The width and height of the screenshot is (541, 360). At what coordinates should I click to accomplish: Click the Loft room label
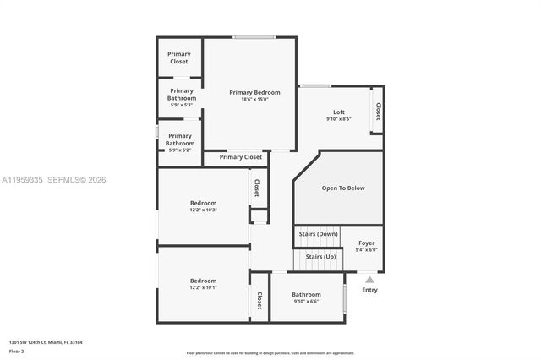[x=338, y=112]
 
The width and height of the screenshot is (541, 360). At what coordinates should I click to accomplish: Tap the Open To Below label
[x=343, y=188]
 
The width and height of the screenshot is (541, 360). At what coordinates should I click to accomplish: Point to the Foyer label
[x=366, y=243]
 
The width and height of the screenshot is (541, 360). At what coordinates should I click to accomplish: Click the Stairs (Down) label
[x=319, y=233]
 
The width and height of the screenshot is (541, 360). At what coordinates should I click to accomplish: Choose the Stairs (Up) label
[x=320, y=256]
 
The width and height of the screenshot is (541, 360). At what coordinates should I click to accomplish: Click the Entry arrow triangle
[x=369, y=279]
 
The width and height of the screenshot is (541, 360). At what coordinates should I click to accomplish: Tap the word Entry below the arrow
[x=370, y=291]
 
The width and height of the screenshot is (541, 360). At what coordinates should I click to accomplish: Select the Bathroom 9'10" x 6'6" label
[x=307, y=297]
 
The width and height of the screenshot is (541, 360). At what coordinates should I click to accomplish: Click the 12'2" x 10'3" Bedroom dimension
[x=203, y=210]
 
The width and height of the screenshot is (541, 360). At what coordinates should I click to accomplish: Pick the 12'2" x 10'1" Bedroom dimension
[x=203, y=287]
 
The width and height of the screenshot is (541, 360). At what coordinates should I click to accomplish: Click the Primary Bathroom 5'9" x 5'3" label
[x=182, y=94]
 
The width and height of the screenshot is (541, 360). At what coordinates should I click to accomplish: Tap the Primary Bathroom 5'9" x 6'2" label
[x=179, y=139]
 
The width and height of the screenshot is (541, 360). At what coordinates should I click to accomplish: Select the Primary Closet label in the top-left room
[x=179, y=57]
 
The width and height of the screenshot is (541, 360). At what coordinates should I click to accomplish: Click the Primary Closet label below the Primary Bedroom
[x=241, y=157]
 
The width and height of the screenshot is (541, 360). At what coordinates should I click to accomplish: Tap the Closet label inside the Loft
[x=378, y=112]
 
